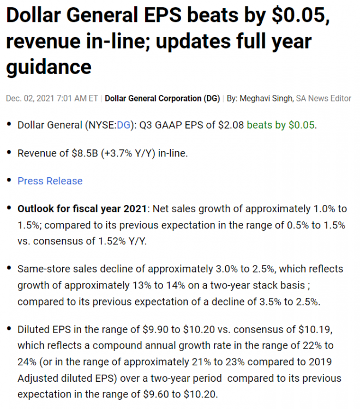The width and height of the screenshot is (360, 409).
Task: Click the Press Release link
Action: (50, 181)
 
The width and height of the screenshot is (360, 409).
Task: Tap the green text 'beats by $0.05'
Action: (281, 125)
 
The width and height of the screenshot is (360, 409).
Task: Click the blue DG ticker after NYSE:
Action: (124, 125)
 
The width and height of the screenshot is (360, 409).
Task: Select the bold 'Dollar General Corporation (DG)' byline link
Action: (162, 99)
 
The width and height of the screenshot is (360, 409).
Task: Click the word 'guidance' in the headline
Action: (49, 67)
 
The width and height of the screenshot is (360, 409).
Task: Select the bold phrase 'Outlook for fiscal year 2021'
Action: (82, 209)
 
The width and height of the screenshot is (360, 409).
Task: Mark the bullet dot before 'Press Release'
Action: (8, 181)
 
